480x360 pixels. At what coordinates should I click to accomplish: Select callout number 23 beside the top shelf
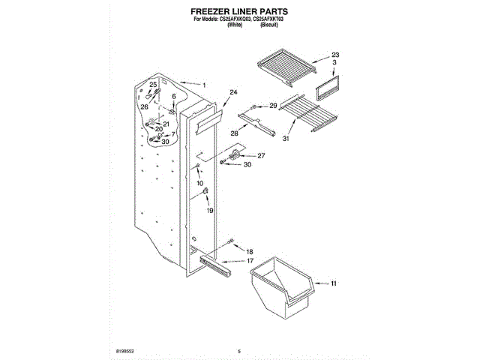[335, 55]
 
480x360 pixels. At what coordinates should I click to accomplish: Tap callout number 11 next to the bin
[334, 283]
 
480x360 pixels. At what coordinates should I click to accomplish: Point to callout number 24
[233, 92]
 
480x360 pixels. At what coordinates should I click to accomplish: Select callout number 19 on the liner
[210, 211]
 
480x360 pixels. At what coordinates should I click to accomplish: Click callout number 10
[199, 183]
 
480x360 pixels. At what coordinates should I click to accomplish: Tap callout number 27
[262, 156]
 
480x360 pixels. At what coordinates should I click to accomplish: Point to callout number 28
[234, 133]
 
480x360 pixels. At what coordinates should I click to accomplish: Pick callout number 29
[273, 106]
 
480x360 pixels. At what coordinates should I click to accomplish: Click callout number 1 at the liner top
[204, 85]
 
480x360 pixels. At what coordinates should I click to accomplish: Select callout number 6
[174, 97]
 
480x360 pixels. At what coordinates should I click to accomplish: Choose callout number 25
[153, 85]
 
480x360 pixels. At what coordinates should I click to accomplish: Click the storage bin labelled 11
[281, 285]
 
